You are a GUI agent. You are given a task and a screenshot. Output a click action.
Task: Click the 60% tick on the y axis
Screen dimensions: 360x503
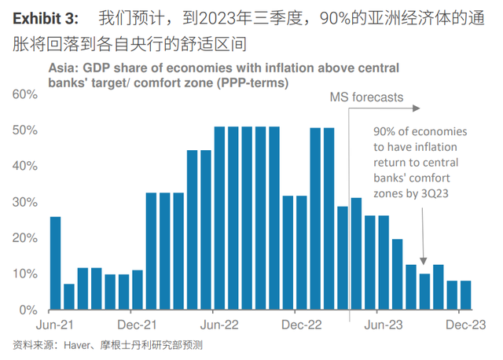[x=24, y=94]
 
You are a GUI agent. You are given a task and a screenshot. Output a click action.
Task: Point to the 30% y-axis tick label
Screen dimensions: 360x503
[x=24, y=202]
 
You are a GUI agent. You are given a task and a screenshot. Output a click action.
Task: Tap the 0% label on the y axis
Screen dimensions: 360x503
[x=28, y=310]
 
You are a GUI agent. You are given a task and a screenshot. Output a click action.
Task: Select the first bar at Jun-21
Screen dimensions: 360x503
[x=56, y=263]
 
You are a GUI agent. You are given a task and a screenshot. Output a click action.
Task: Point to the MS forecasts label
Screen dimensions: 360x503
[x=365, y=98]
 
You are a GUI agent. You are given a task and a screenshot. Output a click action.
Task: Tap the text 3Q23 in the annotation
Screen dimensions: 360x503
[x=435, y=192]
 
